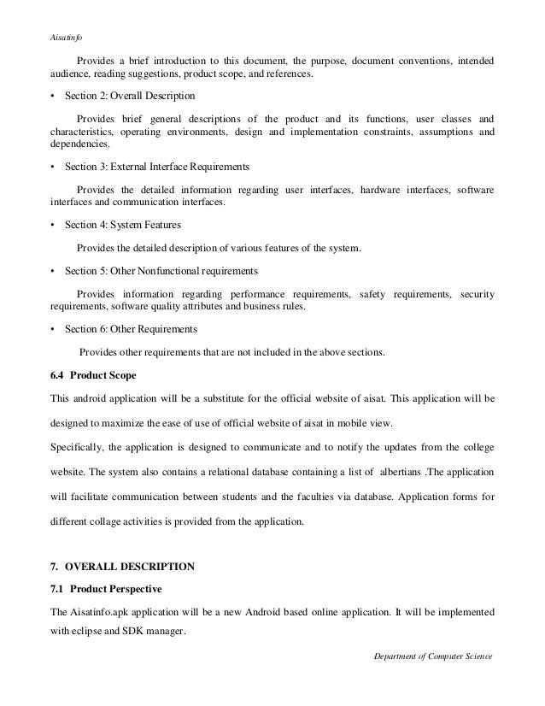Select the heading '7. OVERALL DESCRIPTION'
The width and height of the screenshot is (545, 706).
[x=124, y=566]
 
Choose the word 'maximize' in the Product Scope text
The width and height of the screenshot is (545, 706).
[x=128, y=421]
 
